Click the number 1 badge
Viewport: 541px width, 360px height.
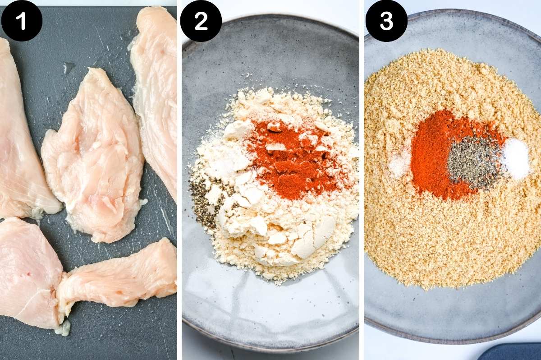(22, 21)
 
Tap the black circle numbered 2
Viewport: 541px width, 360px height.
(201, 21)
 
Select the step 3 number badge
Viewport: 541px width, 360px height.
(386, 21)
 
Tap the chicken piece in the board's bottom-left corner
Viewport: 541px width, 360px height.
(27, 271)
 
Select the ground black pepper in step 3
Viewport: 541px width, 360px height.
(473, 162)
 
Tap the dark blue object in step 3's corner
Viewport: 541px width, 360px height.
(509, 352)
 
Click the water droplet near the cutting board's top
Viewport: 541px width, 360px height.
(68, 68)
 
